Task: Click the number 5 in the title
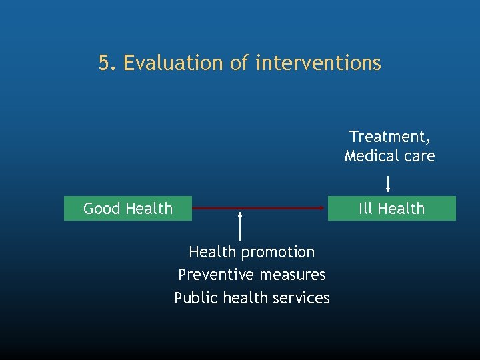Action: click(104, 63)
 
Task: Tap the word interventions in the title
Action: click(318, 63)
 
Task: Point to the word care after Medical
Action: click(419, 156)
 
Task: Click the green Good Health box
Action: click(127, 209)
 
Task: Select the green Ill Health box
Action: click(391, 209)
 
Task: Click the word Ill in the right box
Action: click(365, 209)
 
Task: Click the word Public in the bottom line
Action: click(194, 298)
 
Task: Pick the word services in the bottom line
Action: click(302, 298)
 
